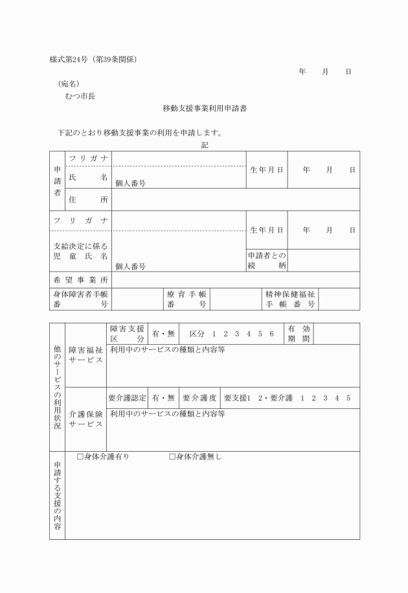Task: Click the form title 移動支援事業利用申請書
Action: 204,109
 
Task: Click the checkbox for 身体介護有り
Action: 80,457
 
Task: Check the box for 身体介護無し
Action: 172,457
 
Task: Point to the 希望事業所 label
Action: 80,280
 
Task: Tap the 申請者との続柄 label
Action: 266,261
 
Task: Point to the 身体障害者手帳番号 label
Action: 80,299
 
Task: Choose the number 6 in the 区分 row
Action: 272,334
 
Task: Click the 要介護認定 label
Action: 128,397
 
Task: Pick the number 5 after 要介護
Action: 348,397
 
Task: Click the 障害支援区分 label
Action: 127,334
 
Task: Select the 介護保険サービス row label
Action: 85,419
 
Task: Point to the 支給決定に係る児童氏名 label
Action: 80,251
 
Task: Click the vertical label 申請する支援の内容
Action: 57,496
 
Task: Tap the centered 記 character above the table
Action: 205,145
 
